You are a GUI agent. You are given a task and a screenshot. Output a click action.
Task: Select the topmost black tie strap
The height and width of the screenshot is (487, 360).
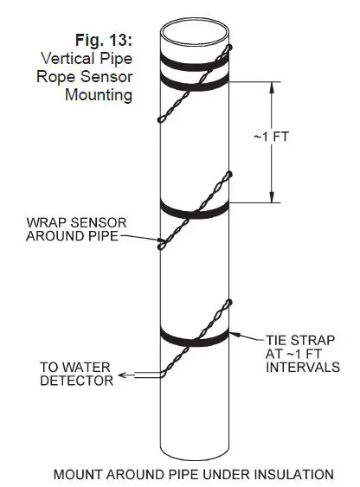click(195, 61)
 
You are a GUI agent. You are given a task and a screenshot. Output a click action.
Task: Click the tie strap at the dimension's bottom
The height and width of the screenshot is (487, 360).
click(195, 208)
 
